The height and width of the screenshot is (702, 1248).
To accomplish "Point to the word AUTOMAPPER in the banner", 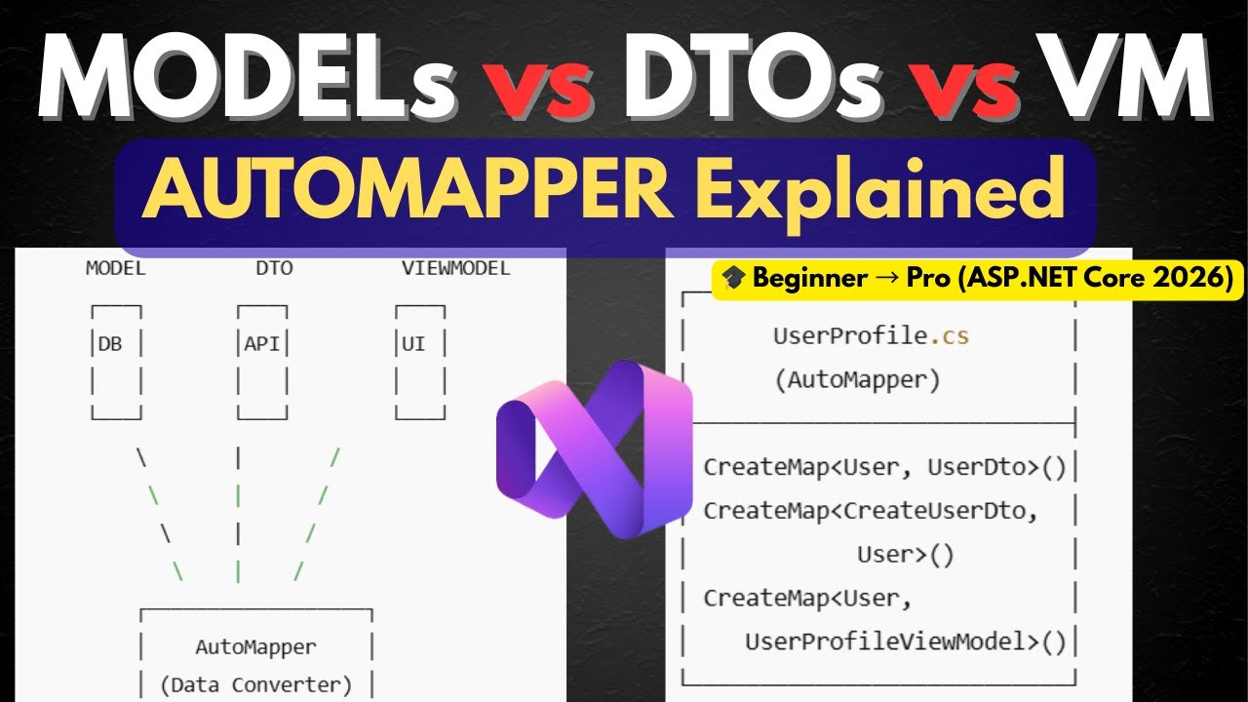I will coord(408,190).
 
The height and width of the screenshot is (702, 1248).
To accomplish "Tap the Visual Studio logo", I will coord(595,448).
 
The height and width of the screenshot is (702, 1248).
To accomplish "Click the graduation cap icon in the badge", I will coord(734,279).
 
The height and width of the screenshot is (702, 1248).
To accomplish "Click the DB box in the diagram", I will coord(116,362).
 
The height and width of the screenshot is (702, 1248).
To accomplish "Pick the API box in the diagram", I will coord(262,362).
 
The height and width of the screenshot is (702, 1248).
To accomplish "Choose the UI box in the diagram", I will coord(419,362).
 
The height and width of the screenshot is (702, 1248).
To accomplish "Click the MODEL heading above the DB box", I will coord(115,268).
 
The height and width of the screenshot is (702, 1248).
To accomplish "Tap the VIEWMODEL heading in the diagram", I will coord(455,268).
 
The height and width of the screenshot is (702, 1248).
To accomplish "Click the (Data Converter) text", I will coord(255,684).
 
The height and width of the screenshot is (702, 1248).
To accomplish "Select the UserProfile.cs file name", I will coord(871,336).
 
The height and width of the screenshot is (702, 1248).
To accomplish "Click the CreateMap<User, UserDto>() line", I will coord(884,466).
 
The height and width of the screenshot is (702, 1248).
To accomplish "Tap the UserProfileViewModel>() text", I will coord(906,641).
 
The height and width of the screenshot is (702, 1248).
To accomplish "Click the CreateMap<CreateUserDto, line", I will coord(871,510).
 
